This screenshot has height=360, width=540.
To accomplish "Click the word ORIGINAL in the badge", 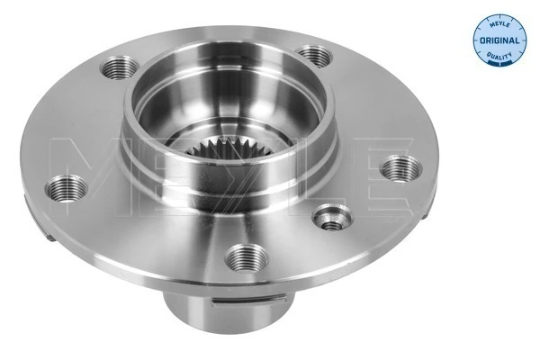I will (497, 40).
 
